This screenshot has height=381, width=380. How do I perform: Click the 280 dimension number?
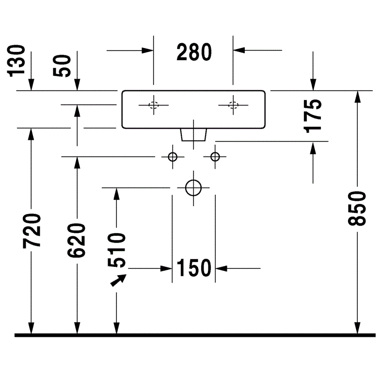coord(194,52)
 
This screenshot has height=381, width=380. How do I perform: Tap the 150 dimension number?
coord(194,268)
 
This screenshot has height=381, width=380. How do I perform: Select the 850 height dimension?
coord(357,209)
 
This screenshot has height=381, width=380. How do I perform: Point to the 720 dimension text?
coord(32,231)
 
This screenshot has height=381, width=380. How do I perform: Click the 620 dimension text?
coord(77,241)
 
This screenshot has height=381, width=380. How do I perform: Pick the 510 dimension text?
coord(117,250)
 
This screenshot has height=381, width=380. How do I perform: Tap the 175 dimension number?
coord(313,116)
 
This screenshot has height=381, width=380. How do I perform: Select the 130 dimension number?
coord(16,61)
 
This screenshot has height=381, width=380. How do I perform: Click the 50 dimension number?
coord(62,66)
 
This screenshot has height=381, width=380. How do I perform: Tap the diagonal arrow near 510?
coord(118,281)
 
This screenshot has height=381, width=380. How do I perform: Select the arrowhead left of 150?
coord(166,268)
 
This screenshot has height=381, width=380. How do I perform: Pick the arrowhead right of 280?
coord(239,50)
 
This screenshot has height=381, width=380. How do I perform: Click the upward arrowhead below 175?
coord(313,148)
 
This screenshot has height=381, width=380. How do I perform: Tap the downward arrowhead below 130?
coord(31,85)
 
